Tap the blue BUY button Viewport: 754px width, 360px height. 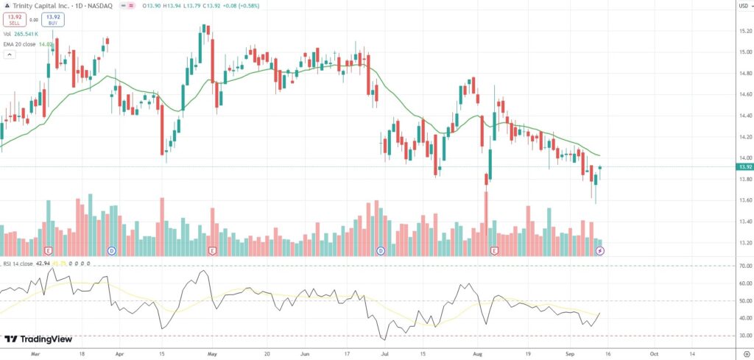coord(53,19)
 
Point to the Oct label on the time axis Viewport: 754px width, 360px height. coord(654,353)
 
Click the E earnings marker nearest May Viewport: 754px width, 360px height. coord(212,251)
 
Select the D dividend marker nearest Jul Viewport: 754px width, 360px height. coord(381,251)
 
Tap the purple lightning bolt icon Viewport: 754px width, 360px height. coord(600,251)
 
